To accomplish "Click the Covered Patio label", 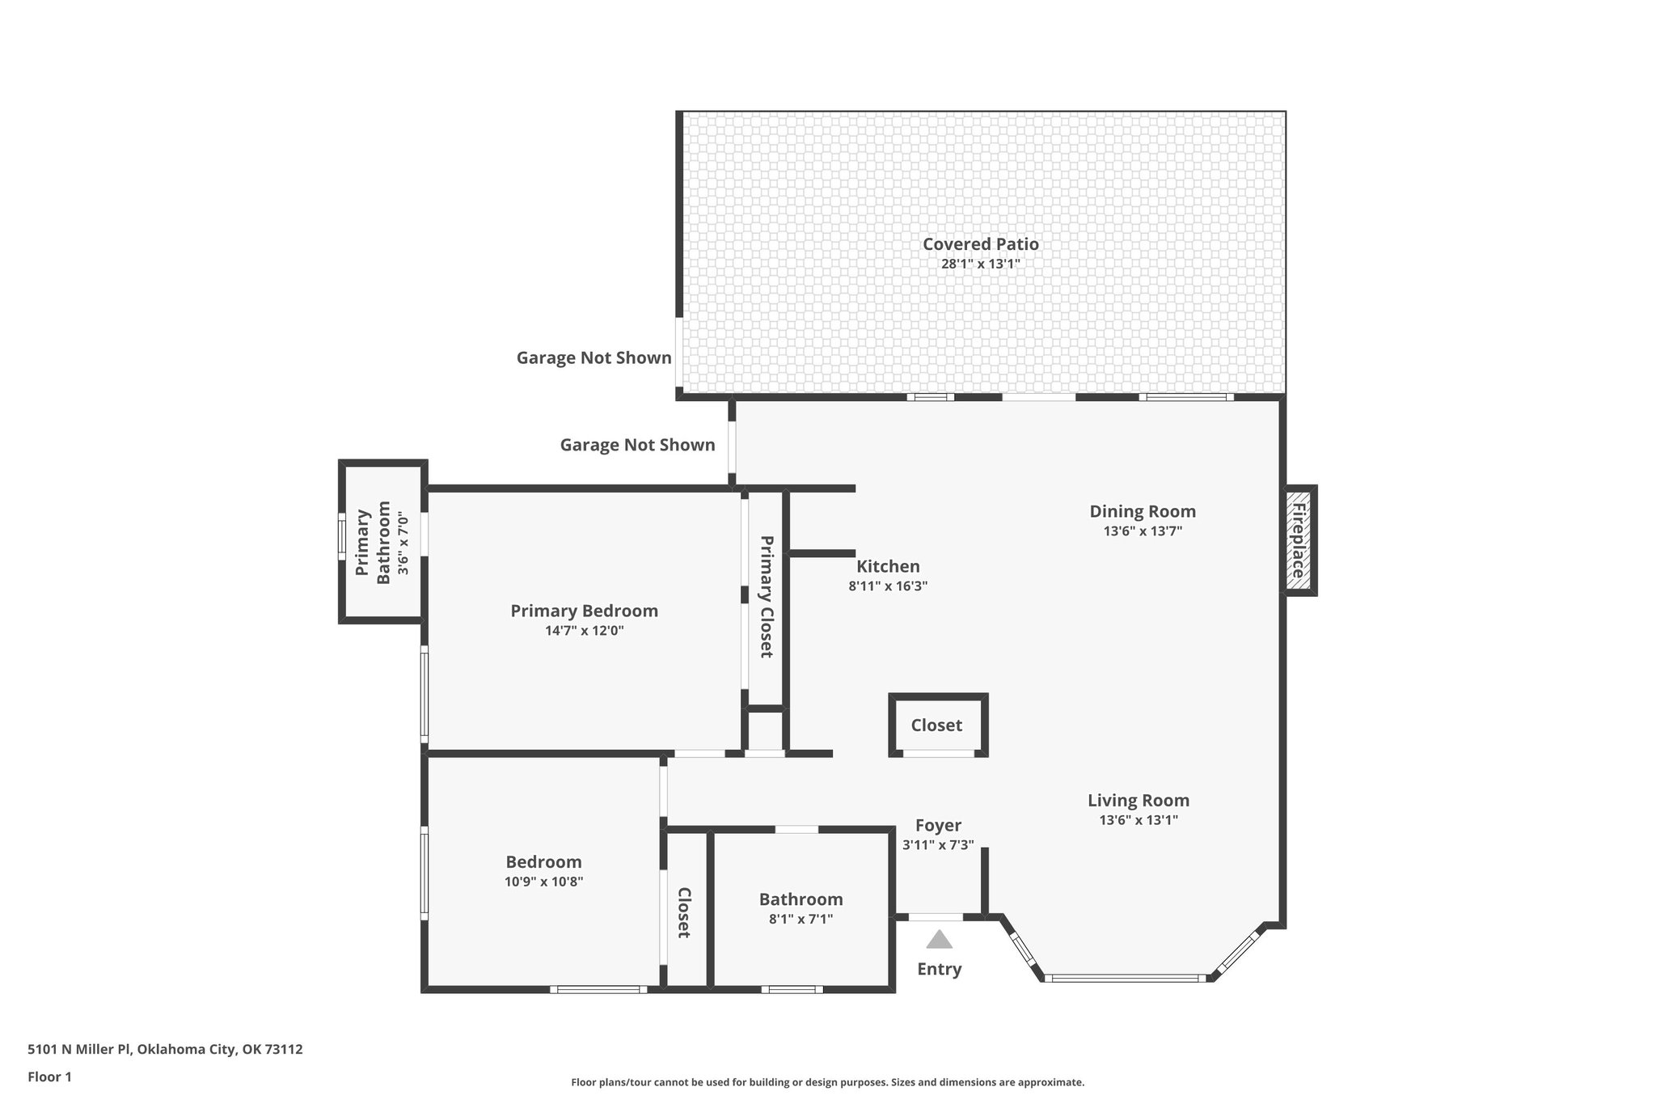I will tap(980, 243).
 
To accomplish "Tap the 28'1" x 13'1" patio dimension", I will tap(980, 264).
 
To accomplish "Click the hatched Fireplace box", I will tap(1299, 540).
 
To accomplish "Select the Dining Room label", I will tap(1142, 511).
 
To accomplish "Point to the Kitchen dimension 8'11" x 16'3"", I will tap(887, 586).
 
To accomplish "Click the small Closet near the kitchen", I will tap(936, 725).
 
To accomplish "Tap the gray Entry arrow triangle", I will tap(939, 940).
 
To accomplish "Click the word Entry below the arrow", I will tap(939, 969).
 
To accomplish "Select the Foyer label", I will tap(938, 826).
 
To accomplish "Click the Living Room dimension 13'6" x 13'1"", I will tap(1138, 820).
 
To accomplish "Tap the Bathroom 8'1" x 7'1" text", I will tap(801, 919).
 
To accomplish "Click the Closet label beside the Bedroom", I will tap(684, 912).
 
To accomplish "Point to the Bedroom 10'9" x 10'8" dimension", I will tap(543, 882).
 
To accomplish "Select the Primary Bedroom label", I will tap(584, 611).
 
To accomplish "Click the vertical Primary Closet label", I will tap(766, 597).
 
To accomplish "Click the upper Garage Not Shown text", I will tap(594, 357).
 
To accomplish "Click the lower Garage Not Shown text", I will tap(637, 445).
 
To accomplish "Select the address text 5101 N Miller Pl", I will tap(165, 1049).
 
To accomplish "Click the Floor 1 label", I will tap(49, 1077).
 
